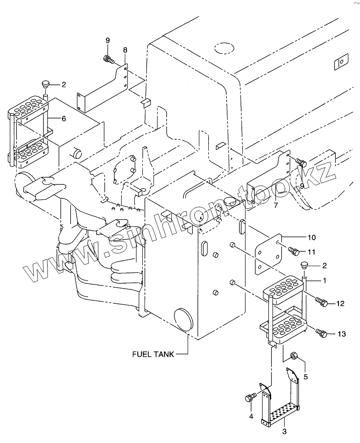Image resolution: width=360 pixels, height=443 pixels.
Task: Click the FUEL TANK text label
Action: [153, 354]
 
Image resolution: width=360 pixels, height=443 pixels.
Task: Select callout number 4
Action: [251, 417]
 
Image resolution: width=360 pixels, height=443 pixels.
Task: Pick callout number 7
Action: [277, 206]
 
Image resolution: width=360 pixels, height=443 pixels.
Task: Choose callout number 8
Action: [124, 49]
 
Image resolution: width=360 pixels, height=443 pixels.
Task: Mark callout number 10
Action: [312, 237]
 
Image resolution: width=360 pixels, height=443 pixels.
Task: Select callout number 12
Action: [340, 304]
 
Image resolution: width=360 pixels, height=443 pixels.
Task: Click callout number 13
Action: [342, 333]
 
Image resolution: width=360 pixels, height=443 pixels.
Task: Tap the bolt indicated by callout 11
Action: [294, 251]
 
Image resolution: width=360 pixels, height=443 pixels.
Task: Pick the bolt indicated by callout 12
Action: [321, 303]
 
